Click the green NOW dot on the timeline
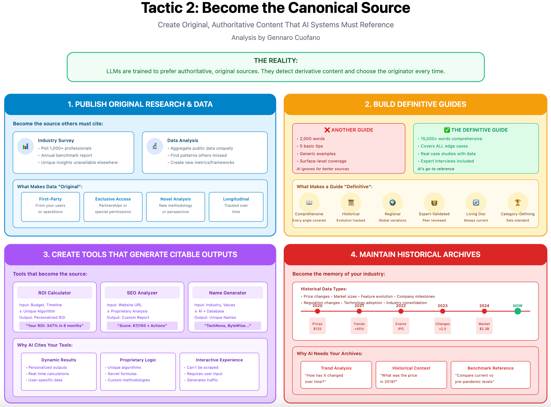(x=517, y=311)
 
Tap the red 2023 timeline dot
(x=443, y=311)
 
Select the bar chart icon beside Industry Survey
(x=25, y=146)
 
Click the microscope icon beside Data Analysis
(x=155, y=146)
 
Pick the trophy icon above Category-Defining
(x=518, y=202)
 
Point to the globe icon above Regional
(x=392, y=202)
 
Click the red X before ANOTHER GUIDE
(x=327, y=130)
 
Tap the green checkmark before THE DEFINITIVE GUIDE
(x=447, y=130)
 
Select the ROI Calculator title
(x=55, y=293)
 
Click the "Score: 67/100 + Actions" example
(x=142, y=326)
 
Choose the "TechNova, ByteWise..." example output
(x=228, y=326)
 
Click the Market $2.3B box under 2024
(x=484, y=326)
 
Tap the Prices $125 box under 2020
(x=317, y=326)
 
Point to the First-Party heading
(x=51, y=199)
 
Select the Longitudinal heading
(x=236, y=199)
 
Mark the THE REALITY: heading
(x=276, y=61)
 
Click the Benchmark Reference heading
(x=490, y=368)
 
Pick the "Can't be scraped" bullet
(x=203, y=367)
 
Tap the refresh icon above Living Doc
(x=476, y=202)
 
